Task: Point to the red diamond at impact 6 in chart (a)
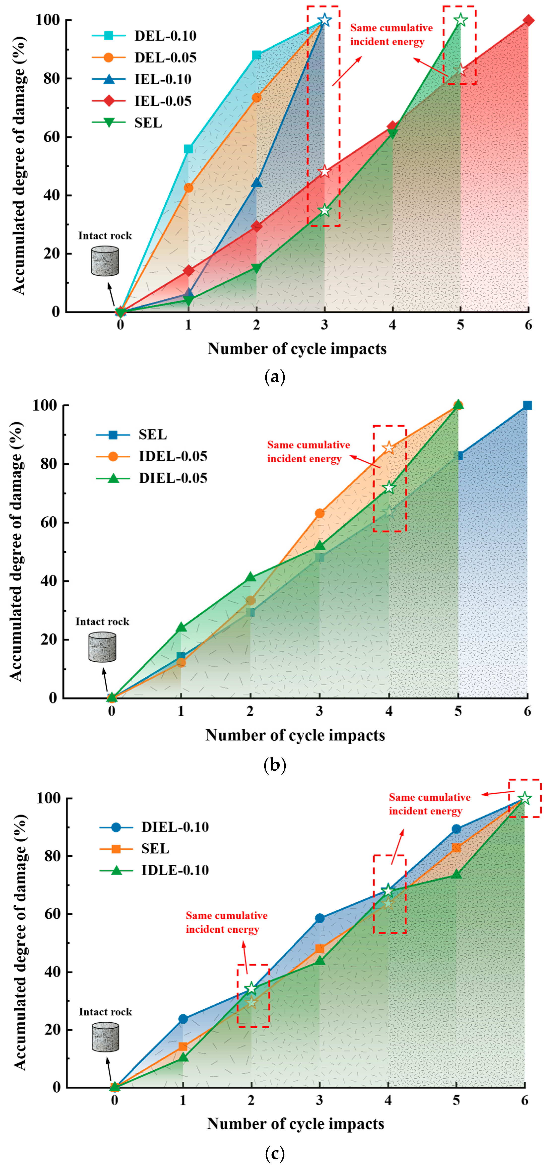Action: (x=528, y=20)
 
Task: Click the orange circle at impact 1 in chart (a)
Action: (x=188, y=188)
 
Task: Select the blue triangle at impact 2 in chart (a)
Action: (x=256, y=182)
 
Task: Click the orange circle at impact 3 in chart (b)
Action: (x=319, y=513)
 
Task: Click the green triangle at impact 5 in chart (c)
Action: (x=456, y=874)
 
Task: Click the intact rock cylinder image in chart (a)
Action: (x=105, y=261)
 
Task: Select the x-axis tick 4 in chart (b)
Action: (x=389, y=711)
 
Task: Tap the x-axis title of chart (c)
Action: (x=295, y=1124)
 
